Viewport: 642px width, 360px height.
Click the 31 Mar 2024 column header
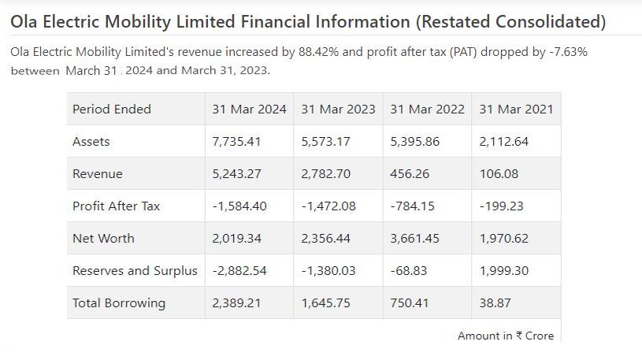click(x=249, y=109)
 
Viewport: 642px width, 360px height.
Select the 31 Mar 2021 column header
click(x=516, y=109)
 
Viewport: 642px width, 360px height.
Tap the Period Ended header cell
click(x=112, y=109)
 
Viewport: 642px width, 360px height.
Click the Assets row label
click(x=91, y=142)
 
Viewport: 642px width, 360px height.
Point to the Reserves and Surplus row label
click(x=135, y=270)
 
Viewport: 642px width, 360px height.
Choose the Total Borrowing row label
click(x=119, y=302)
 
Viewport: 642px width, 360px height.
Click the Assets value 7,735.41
click(x=236, y=142)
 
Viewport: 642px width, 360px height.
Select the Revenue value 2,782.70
click(x=326, y=174)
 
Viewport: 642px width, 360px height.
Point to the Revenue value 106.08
click(x=498, y=174)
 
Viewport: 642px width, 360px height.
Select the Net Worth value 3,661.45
click(x=415, y=238)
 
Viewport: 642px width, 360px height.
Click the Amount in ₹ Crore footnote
click(x=506, y=336)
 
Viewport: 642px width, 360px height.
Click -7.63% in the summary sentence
click(x=568, y=52)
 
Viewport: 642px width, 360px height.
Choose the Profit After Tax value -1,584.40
click(x=239, y=206)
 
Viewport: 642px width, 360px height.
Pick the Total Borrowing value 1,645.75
click(x=326, y=302)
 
